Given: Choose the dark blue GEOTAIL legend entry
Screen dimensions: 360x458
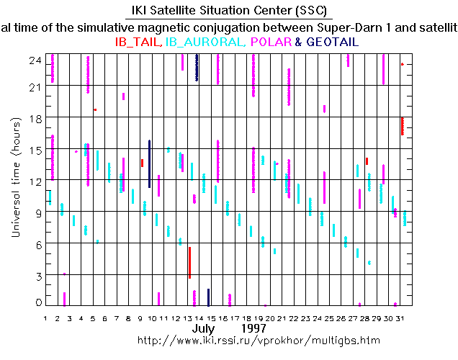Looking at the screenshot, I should [332, 42].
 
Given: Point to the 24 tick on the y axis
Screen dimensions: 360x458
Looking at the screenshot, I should [34, 60].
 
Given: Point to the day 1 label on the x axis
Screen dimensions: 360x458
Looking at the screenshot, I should [45, 318].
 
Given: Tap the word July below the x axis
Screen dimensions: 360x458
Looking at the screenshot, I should [204, 328].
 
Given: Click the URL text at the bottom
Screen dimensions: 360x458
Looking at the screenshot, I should [258, 339].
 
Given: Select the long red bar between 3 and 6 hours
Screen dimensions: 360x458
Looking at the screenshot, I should [189, 263].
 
